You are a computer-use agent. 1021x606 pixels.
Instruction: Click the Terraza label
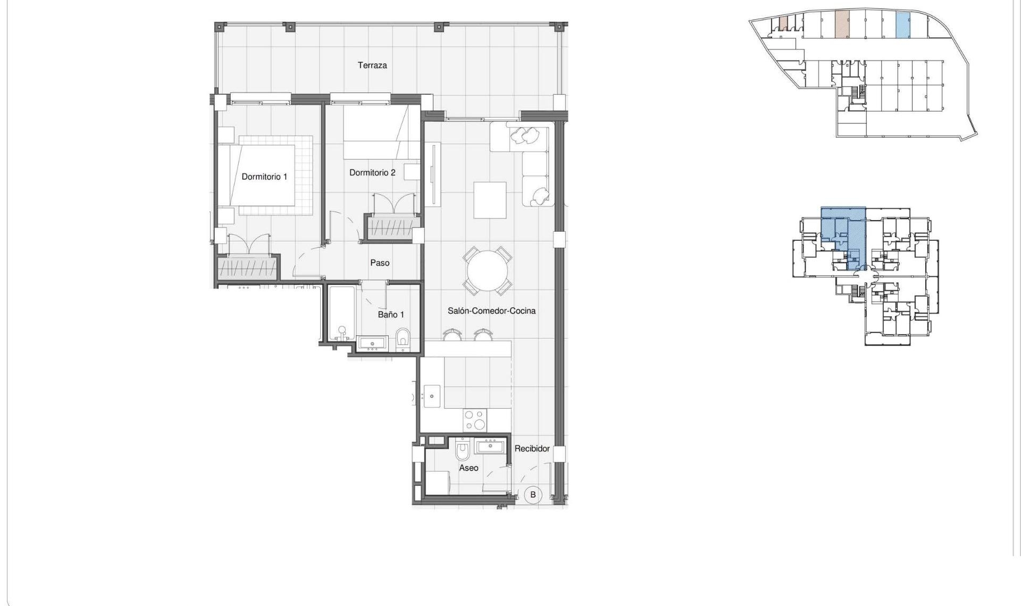pos(372,65)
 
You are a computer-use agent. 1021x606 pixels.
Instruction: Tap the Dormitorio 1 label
pos(264,176)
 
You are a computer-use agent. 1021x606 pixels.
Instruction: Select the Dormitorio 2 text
pos(372,172)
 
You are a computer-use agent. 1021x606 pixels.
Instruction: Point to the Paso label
pos(380,263)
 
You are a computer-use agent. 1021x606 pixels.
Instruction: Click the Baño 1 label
pos(391,315)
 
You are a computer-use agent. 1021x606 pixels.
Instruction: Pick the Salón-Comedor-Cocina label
pos(491,310)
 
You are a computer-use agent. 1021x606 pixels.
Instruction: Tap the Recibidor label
pos(532,449)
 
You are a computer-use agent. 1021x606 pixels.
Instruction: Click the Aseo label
pos(468,468)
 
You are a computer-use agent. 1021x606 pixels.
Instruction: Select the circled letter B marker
pos(533,494)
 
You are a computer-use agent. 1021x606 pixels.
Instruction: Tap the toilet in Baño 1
pos(403,340)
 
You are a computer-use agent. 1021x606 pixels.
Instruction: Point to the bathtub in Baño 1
pos(341,314)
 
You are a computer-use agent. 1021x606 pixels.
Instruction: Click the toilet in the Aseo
pos(463,450)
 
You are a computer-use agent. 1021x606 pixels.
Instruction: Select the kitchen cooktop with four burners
pos(474,419)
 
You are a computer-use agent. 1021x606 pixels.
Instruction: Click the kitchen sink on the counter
pos(432,396)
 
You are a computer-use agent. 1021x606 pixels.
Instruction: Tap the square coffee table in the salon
pos(490,200)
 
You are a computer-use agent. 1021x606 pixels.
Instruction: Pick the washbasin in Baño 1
pos(372,343)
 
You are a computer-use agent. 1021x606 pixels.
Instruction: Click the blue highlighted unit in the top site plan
pos(902,25)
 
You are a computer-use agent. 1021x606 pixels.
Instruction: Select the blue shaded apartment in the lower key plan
pos(843,234)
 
